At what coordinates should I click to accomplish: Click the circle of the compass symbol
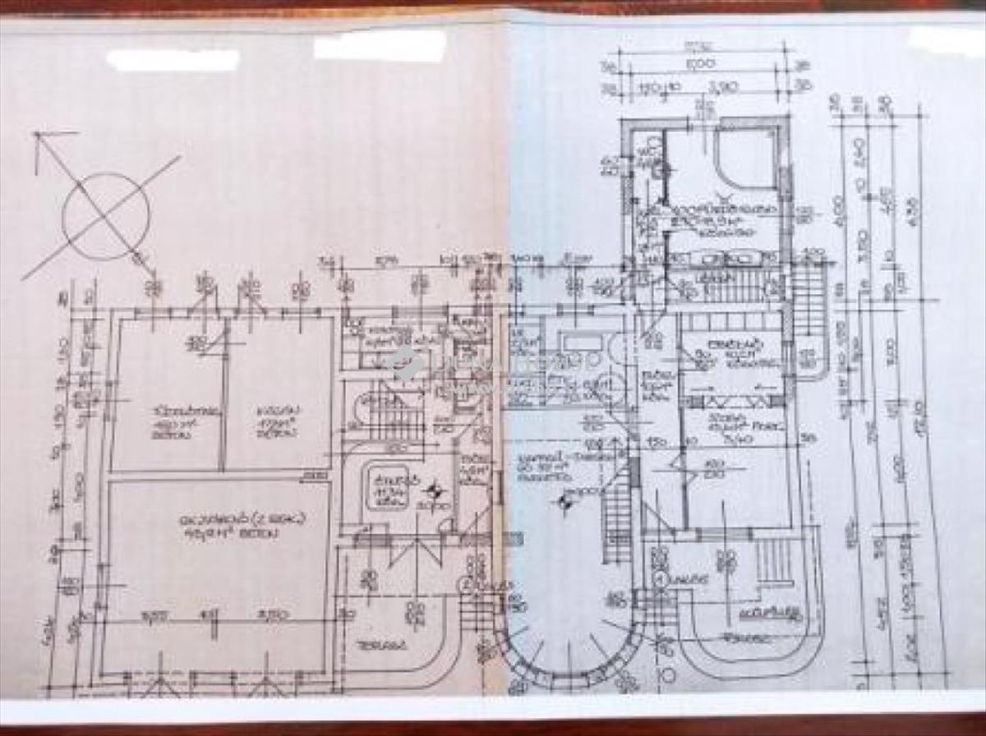click(x=107, y=215)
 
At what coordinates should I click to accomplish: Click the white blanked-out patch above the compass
click(x=173, y=60)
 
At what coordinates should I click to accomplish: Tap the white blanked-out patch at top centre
click(x=380, y=45)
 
